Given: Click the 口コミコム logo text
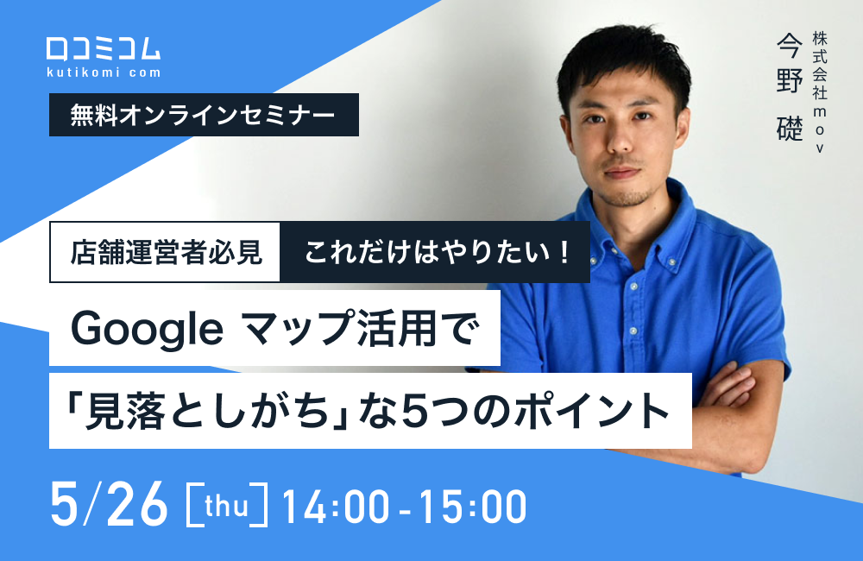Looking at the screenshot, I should (x=103, y=48).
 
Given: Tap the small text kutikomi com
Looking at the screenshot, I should (x=103, y=72).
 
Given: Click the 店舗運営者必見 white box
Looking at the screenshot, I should (x=166, y=252).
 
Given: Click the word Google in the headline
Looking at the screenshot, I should (x=147, y=328).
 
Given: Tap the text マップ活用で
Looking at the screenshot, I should (x=362, y=328).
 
